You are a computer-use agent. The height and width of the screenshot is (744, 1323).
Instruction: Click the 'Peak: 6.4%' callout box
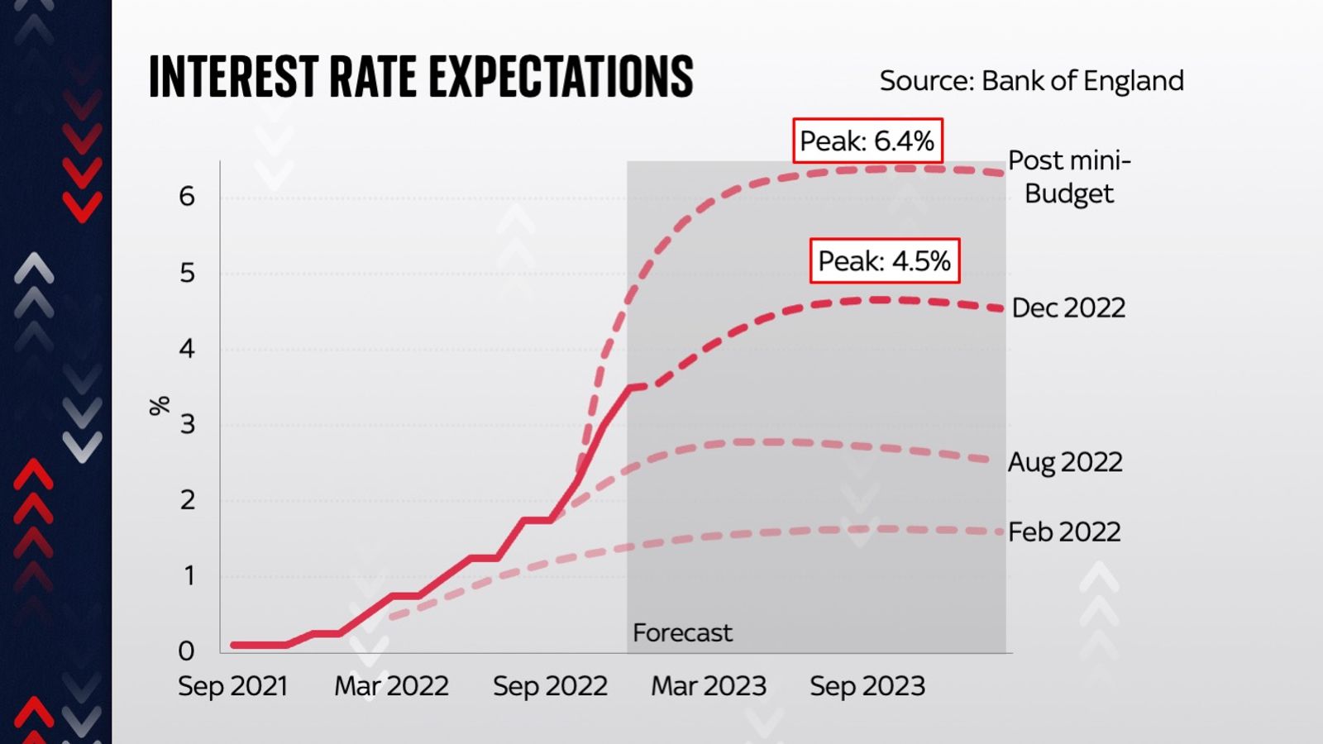pos(867,141)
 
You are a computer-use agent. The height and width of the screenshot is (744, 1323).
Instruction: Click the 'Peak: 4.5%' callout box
pos(884,261)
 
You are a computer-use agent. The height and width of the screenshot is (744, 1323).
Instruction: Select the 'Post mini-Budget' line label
pos(1068,177)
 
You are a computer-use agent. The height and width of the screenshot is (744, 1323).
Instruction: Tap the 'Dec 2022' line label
pos(1068,308)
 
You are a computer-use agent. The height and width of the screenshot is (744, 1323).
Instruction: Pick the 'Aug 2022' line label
pos(1065,461)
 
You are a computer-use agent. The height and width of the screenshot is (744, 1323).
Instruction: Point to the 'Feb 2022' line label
pos(1064,532)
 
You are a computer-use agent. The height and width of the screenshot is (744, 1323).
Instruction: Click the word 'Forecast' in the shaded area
pos(682,632)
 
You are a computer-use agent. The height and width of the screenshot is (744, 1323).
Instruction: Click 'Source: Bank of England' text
pos(1031,81)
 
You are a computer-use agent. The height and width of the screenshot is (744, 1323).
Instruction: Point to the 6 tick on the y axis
pos(187,197)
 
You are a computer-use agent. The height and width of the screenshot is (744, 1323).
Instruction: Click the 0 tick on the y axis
pos(187,651)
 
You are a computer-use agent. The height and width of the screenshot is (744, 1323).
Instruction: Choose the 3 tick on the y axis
pos(188,424)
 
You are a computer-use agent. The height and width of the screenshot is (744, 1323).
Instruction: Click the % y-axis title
pos(160,405)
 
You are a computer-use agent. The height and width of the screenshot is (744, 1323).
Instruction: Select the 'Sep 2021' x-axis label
pos(232,686)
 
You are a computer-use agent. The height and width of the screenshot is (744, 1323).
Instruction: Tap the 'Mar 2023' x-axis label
pos(709,686)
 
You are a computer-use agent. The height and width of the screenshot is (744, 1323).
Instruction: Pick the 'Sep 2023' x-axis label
pos(867,686)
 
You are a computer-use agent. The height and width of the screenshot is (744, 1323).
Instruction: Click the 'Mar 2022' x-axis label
pos(391,686)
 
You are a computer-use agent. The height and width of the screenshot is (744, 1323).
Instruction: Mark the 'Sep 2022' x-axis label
pos(550,686)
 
